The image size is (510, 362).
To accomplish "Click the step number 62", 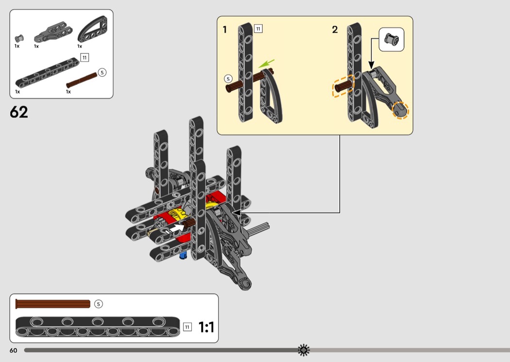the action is pyautogui.click(x=19, y=112).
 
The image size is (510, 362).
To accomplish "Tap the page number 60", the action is pyautogui.click(x=13, y=350).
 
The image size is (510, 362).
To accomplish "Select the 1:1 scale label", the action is pyautogui.click(x=206, y=327).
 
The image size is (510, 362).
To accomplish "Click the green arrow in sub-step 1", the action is pyautogui.click(x=266, y=64).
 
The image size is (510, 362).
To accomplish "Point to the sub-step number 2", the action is pyautogui.click(x=335, y=30).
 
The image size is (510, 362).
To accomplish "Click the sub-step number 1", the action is pyautogui.click(x=224, y=30).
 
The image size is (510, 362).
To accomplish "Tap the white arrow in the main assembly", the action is pyautogui.click(x=175, y=228).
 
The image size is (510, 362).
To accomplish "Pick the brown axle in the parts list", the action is pyautogui.click(x=82, y=80).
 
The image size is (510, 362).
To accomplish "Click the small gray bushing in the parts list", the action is pyautogui.click(x=19, y=38).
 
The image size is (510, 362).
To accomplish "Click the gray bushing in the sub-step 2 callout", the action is pyautogui.click(x=391, y=39).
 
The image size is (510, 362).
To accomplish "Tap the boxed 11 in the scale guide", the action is pyautogui.click(x=187, y=327).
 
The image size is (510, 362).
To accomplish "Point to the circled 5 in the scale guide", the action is pyautogui.click(x=98, y=304).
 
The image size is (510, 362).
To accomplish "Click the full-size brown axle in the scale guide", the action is pyautogui.click(x=52, y=304).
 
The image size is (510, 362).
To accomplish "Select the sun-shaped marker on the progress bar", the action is pyautogui.click(x=304, y=350).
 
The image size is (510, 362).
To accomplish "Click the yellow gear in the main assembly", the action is pyautogui.click(x=178, y=215).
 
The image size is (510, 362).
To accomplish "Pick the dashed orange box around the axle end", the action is pyautogui.click(x=343, y=86).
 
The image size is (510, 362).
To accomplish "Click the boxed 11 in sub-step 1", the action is pyautogui.click(x=258, y=29).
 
